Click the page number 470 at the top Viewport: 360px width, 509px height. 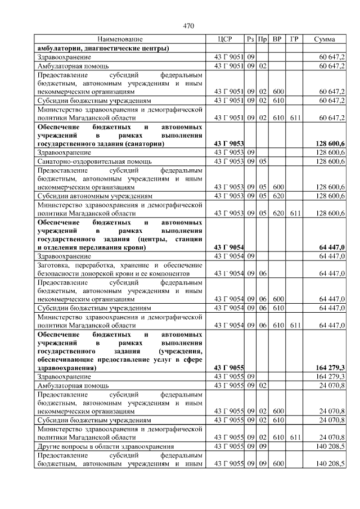click(x=188, y=26)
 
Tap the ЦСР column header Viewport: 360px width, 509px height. click(x=224, y=39)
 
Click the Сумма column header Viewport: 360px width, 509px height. click(x=325, y=39)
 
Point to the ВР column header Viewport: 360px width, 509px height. click(x=277, y=39)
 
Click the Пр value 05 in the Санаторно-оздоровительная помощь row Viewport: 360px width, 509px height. click(x=262, y=161)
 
